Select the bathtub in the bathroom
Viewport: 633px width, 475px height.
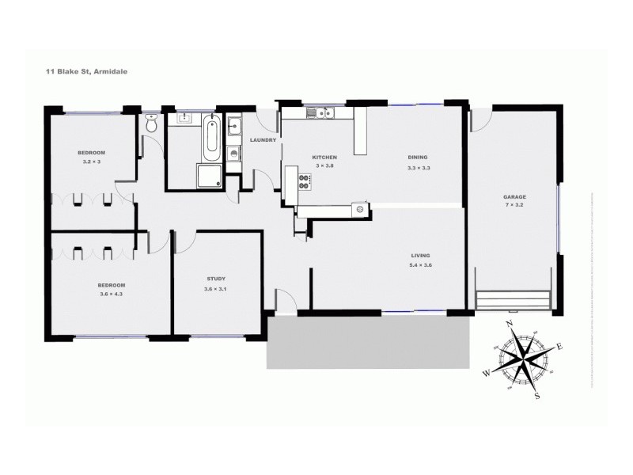211,137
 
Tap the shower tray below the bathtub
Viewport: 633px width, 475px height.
210,177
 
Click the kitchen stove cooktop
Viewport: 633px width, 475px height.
304,181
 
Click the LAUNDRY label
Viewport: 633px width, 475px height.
262,140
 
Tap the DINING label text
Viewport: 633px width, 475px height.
418,157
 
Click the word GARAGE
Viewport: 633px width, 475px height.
514,197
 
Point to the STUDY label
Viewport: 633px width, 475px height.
216,279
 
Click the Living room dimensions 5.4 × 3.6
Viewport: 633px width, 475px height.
420,264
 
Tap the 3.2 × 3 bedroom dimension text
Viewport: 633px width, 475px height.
92,161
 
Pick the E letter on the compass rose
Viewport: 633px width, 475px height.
560,346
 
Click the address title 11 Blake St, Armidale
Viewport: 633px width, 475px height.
86,70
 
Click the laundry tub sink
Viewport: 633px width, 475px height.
234,125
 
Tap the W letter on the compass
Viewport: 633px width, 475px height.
487,371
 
